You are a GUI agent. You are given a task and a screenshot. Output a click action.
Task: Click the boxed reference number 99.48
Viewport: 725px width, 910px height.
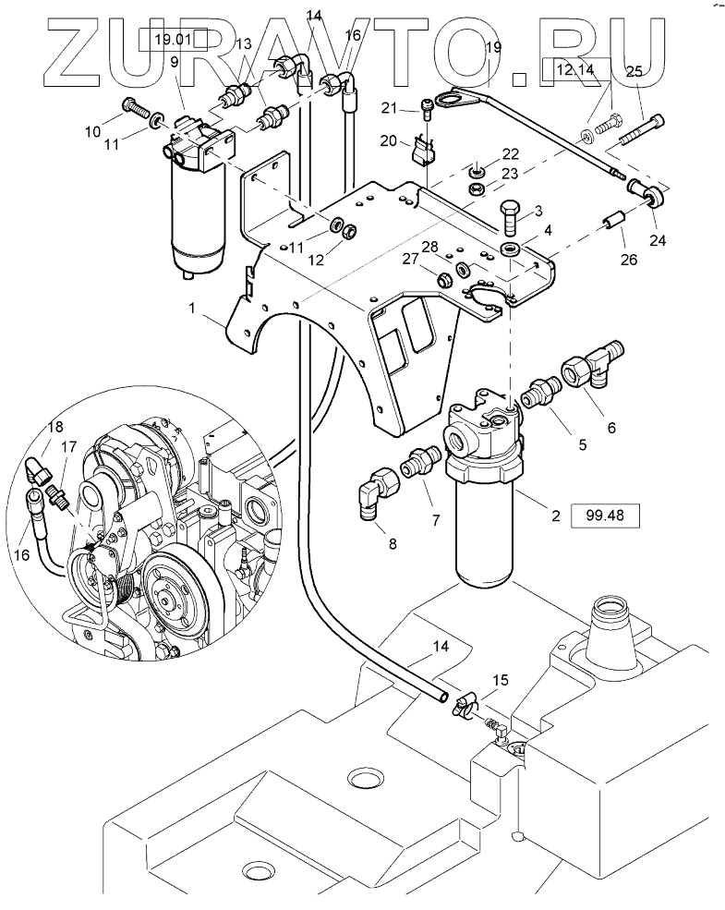pos(605,516)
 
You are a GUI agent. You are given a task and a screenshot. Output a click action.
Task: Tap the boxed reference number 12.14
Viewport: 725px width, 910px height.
pos(575,69)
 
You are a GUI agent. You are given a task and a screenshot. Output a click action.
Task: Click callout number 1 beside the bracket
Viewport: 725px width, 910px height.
pos(192,309)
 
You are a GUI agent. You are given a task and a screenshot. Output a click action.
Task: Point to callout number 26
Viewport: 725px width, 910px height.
pos(628,259)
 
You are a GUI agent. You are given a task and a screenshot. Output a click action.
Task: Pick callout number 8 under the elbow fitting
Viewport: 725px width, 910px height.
pos(393,544)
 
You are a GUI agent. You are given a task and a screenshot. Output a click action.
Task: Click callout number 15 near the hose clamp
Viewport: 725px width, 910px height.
pos(500,679)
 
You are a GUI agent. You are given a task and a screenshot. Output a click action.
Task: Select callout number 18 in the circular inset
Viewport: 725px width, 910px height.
pos(55,428)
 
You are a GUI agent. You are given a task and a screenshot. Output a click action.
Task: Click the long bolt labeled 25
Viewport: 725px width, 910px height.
pos(642,131)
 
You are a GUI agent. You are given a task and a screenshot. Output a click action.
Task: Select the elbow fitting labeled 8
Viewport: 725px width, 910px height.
pos(377,490)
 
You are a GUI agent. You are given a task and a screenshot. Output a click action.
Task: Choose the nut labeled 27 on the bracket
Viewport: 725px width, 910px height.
pos(445,278)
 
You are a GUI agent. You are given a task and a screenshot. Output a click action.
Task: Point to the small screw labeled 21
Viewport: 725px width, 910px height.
pos(428,109)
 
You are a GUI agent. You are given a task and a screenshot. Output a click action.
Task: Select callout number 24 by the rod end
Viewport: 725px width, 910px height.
pos(658,239)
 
